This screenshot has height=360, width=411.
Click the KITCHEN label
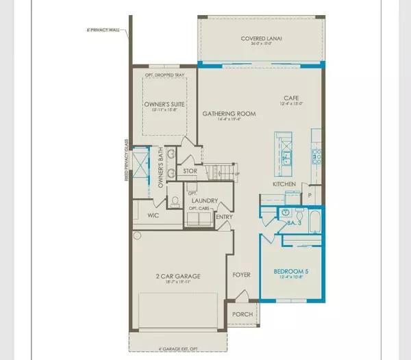284,184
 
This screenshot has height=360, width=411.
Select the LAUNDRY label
205,201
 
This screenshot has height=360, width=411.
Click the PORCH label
242,314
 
